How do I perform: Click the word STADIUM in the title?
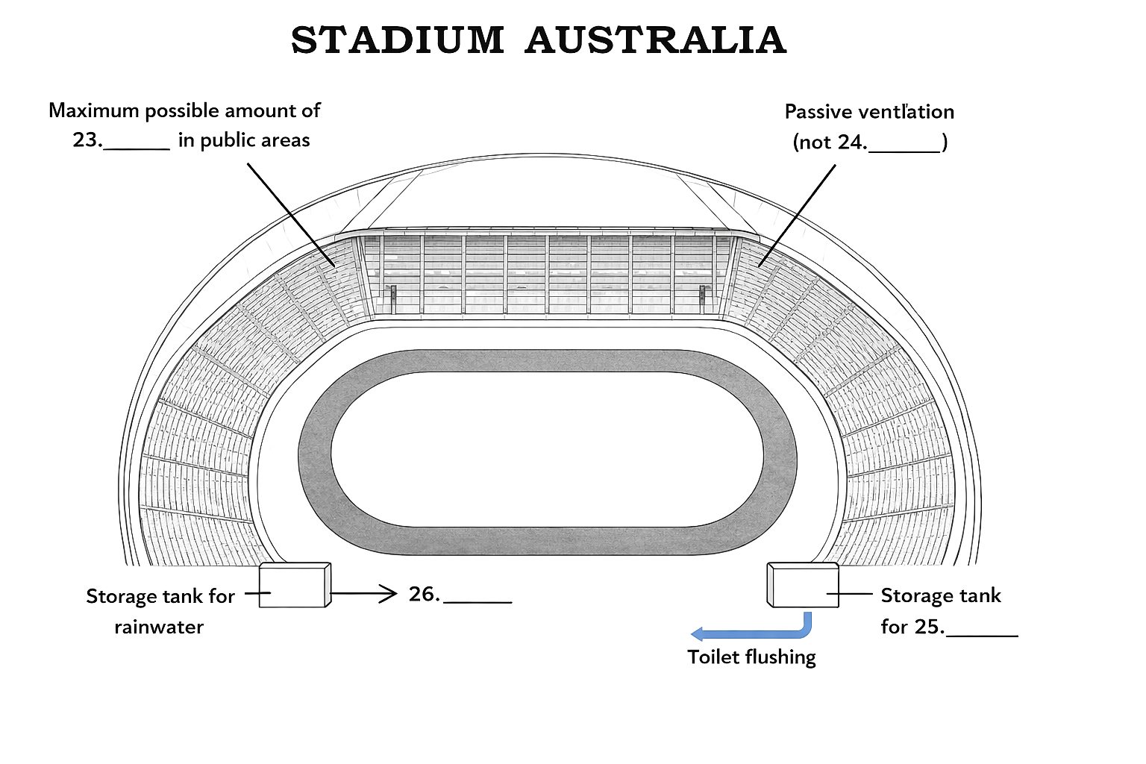pos(398,40)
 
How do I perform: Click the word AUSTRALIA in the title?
pos(655,40)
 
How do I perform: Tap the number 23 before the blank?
pos(86,140)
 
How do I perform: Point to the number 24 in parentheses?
pos(851,142)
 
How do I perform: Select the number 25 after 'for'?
pos(928,627)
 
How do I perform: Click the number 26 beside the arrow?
pos(422,594)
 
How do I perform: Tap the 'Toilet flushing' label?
pos(751,657)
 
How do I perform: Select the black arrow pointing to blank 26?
pos(364,594)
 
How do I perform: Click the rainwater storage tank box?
pos(295,585)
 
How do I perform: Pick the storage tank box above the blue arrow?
pos(803,585)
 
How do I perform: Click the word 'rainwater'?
pos(159,627)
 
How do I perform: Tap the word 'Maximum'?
pos(93,110)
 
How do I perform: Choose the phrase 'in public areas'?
pos(244,140)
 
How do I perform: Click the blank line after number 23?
pos(137,149)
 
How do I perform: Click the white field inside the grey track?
pos(547,449)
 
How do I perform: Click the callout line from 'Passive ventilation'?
pos(797,216)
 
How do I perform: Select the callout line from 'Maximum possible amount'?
pos(291,215)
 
